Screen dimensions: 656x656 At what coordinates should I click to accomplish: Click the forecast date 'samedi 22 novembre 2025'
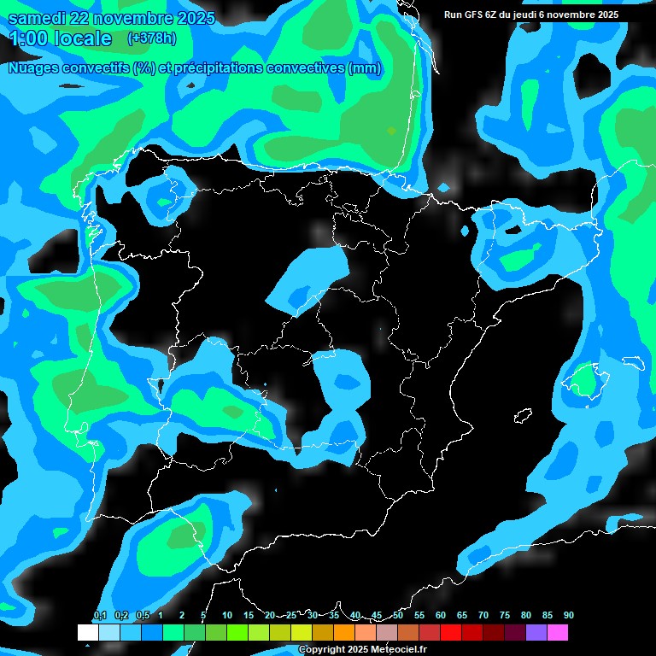(111, 19)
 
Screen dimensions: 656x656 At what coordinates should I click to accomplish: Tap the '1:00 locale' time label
(59, 38)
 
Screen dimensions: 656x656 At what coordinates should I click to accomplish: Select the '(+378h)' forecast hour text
(151, 38)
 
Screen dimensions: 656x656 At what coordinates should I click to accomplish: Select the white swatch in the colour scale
(87, 633)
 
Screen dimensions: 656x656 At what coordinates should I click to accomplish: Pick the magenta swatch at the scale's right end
(558, 633)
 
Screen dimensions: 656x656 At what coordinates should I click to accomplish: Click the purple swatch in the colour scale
(536, 633)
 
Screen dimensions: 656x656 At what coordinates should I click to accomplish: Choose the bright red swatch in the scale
(451, 633)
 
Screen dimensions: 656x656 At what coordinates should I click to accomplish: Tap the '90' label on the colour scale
(568, 616)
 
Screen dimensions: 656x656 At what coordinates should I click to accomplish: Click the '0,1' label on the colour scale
(100, 616)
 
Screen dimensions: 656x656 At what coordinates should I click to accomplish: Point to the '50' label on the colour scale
(397, 616)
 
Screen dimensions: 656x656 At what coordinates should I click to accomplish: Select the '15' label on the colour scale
(248, 616)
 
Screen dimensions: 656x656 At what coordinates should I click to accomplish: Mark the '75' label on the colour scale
(504, 616)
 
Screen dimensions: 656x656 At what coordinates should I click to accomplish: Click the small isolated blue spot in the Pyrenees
(443, 187)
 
